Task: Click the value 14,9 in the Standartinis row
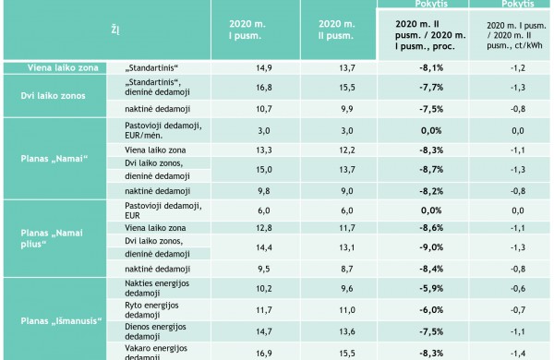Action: click(262, 68)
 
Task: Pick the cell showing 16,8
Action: click(262, 88)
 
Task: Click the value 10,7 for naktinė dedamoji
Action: click(262, 108)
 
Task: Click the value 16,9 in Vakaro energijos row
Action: click(262, 352)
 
